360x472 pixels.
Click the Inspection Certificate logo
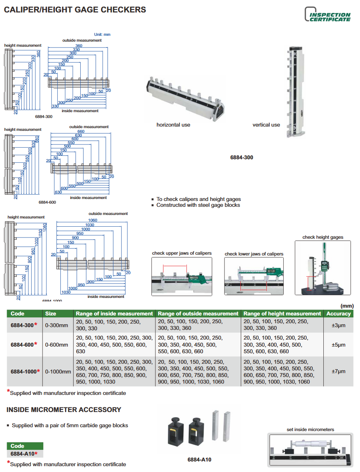327,14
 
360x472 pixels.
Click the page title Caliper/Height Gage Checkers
75,10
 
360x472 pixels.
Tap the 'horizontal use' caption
173,125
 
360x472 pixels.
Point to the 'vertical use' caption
266,125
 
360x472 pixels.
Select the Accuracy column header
339,313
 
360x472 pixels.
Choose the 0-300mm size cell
56,325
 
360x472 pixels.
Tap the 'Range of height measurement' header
282,313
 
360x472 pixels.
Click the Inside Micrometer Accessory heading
64,410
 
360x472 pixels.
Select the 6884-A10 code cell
24,454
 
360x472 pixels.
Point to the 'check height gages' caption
323,237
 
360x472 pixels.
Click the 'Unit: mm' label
102,35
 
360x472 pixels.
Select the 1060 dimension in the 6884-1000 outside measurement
93,220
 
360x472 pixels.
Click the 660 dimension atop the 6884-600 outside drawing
81,132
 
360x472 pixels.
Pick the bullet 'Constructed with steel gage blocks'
198,205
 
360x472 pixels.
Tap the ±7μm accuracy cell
339,372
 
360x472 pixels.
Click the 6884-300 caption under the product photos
242,157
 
